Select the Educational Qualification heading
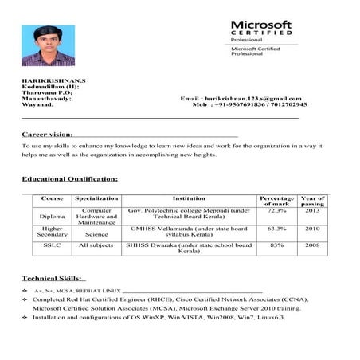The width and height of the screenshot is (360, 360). [69, 178]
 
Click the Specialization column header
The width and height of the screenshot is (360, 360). [96, 198]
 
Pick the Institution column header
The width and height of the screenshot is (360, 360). [190, 198]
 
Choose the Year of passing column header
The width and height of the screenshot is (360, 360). [313, 201]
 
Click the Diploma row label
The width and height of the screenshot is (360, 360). [52, 216]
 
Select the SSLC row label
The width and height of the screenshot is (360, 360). [52, 245]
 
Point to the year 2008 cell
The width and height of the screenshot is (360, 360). [313, 245]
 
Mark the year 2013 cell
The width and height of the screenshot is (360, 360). [313, 211]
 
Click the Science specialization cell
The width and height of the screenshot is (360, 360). [96, 235]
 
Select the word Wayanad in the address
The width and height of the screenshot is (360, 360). [37, 105]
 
